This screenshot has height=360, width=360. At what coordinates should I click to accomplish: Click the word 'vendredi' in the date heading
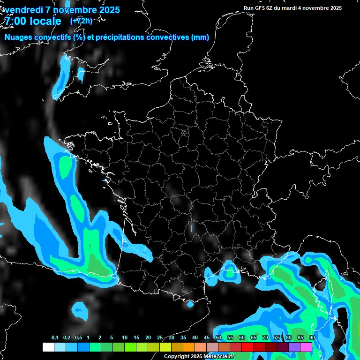(x=22, y=10)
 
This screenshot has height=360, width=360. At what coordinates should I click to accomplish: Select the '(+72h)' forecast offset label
(x=81, y=21)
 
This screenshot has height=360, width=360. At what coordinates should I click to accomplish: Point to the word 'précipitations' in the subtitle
(x=120, y=37)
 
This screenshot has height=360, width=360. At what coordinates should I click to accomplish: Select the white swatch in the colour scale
(x=48, y=347)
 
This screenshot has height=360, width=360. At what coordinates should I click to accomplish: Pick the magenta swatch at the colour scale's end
(x=306, y=347)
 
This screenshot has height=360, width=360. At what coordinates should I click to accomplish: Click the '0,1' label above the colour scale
(x=55, y=338)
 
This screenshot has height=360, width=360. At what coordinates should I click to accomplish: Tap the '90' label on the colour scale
(x=312, y=338)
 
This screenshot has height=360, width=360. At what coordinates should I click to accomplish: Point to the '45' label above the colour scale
(x=207, y=338)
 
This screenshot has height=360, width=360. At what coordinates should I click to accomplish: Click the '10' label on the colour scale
(x=125, y=338)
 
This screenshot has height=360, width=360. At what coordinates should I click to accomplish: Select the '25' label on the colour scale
(x=160, y=338)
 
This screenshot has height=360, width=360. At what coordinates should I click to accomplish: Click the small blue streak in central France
(x=191, y=228)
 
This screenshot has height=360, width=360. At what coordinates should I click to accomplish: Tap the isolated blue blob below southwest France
(x=80, y=310)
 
